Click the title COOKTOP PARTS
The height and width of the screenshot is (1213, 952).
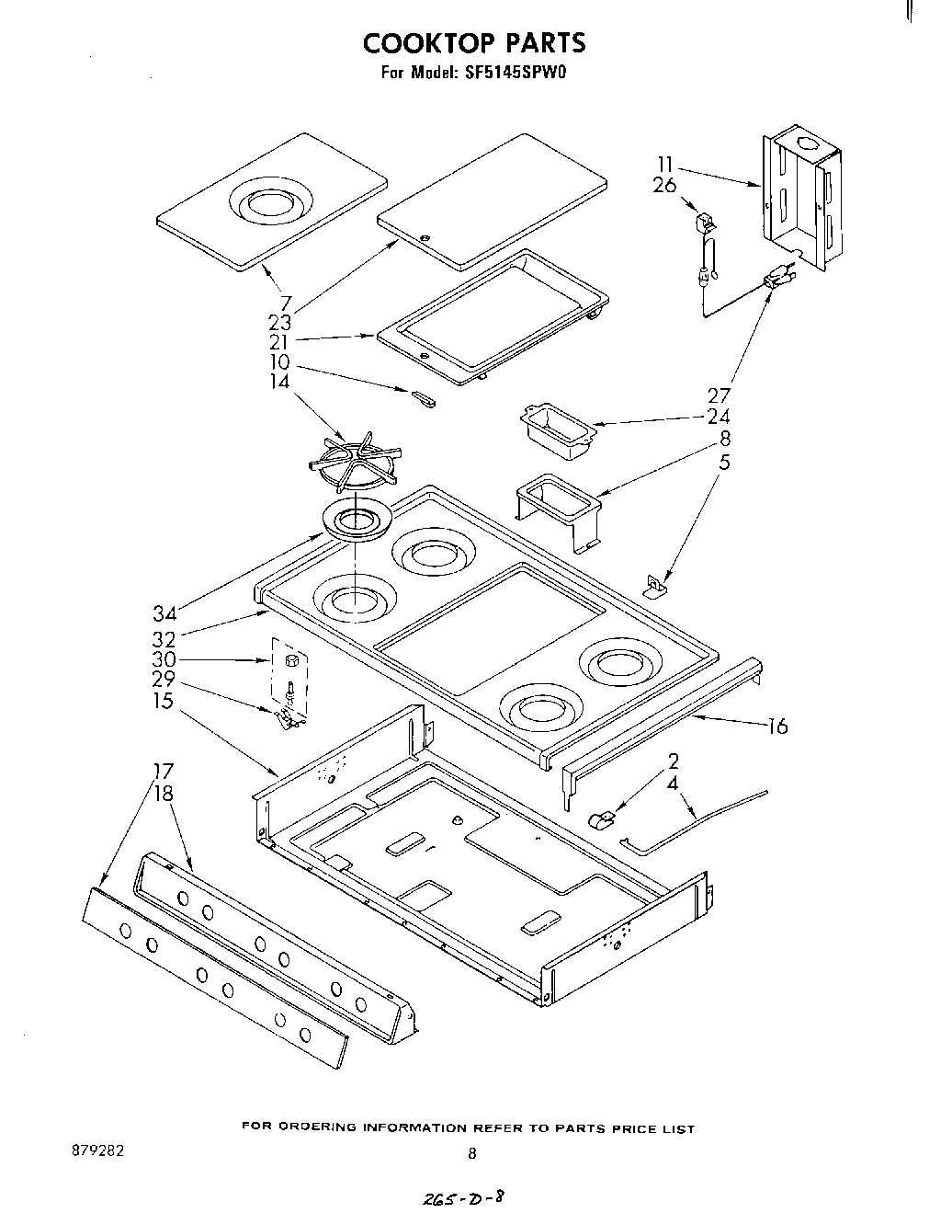(473, 42)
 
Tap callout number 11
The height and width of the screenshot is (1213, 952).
(665, 165)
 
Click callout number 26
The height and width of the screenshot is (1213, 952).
(664, 185)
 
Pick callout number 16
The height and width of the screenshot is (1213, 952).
(777, 727)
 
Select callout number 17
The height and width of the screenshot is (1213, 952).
(163, 771)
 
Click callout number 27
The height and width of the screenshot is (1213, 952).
(719, 395)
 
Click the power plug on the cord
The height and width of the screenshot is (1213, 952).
(777, 279)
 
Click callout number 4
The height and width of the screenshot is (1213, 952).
(672, 784)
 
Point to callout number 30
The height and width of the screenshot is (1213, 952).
(164, 660)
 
